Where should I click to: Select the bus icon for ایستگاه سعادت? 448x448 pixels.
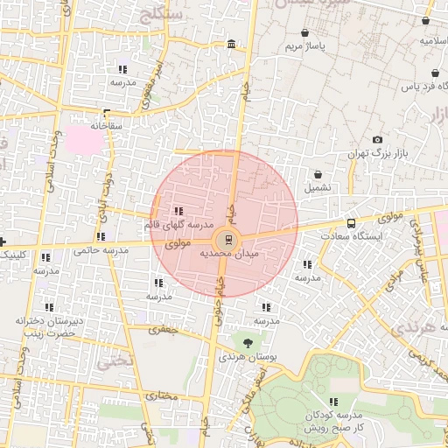352,223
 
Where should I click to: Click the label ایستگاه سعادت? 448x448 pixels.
352,236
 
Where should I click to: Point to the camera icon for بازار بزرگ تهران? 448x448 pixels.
377,140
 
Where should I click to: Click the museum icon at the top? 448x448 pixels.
230,45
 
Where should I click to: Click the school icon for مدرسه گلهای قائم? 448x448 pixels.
178,210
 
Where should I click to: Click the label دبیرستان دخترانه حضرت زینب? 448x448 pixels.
50,327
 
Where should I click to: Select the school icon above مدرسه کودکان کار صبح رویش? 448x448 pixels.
332,402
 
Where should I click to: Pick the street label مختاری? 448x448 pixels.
163,395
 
